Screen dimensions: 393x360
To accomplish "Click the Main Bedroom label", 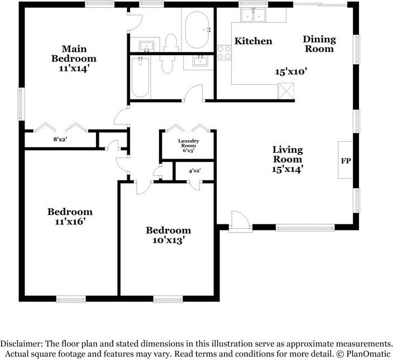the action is point(74,54).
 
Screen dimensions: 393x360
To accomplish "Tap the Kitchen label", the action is point(253,41).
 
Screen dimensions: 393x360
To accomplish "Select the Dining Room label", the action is point(319,44).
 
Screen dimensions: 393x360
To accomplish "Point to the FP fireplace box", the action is point(346,160).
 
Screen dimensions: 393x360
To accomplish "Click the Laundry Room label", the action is point(189,143).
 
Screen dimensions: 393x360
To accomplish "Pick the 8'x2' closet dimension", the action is point(60,140).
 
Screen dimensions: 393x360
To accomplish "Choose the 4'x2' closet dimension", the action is point(194,171).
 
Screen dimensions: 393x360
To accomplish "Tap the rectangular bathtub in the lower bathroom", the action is point(140,77).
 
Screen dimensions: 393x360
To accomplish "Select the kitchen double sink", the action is point(253,15).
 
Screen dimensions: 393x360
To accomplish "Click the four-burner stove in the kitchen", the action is point(224,53).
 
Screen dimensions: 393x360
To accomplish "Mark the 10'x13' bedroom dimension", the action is point(169,240).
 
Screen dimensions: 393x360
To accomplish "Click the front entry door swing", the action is point(240,220).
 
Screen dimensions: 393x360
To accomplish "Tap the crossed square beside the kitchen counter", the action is point(286,90).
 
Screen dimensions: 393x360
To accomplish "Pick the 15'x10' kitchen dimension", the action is point(291,72).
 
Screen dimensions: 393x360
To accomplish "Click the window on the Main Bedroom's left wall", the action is point(21,104).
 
